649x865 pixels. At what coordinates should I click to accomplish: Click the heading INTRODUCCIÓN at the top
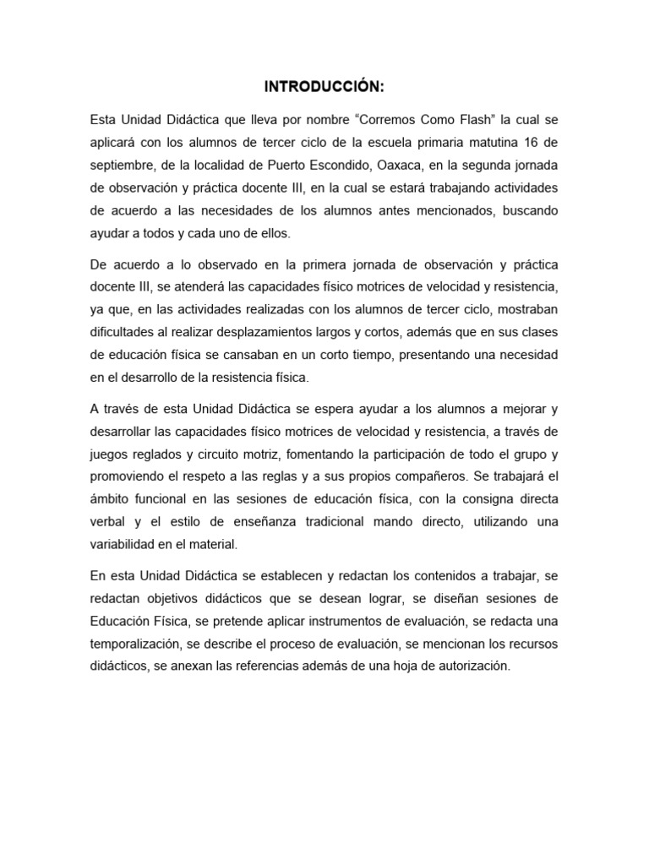pyautogui.click(x=324, y=87)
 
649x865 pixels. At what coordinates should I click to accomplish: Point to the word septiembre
pyautogui.click(x=126, y=164)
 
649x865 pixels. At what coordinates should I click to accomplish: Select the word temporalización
pyautogui.click(x=137, y=644)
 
